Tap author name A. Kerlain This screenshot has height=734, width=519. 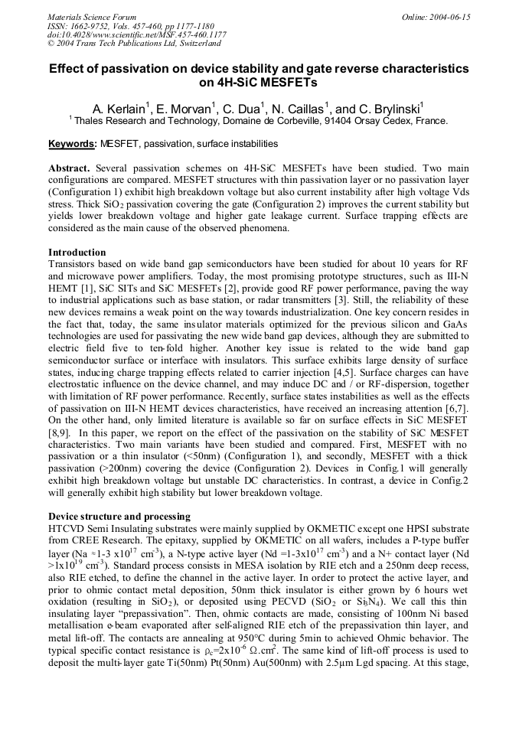tap(120, 109)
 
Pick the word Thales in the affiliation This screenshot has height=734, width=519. tap(88, 121)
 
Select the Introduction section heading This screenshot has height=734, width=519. tap(77, 252)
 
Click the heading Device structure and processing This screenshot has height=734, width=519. tap(119, 517)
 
